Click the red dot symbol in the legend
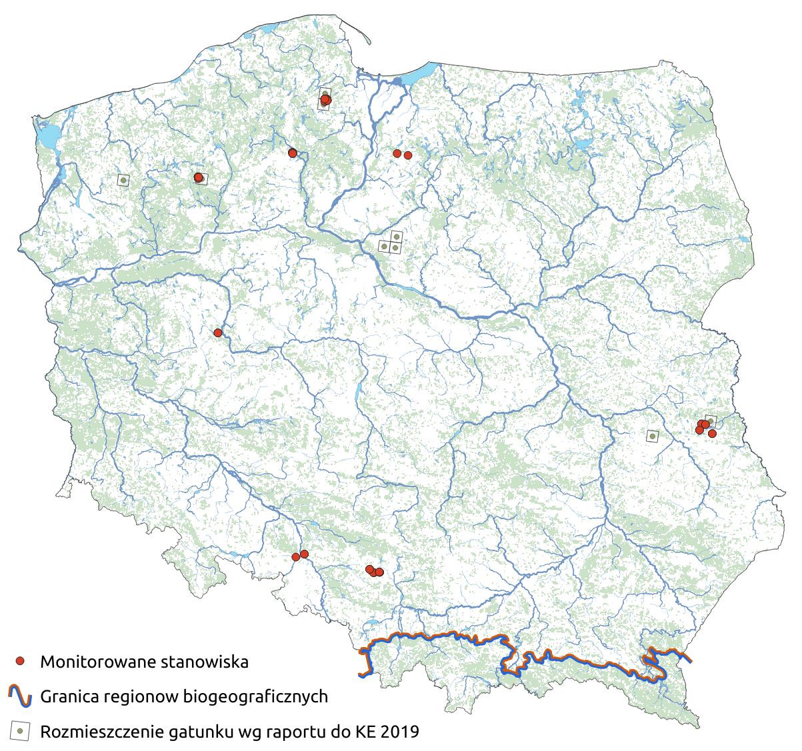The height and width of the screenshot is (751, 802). click(x=21, y=661)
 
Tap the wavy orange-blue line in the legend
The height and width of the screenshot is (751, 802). click(x=20, y=696)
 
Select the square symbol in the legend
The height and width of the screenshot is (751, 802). click(x=21, y=731)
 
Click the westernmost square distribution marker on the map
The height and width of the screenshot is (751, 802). click(x=123, y=179)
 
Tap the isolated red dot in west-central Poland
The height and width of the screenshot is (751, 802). click(x=217, y=333)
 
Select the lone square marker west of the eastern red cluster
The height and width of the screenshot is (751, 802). click(x=652, y=436)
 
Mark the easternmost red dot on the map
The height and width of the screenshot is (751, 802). click(x=712, y=433)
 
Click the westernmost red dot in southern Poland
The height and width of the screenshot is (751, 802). click(x=295, y=557)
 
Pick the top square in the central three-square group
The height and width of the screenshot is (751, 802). click(x=397, y=236)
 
